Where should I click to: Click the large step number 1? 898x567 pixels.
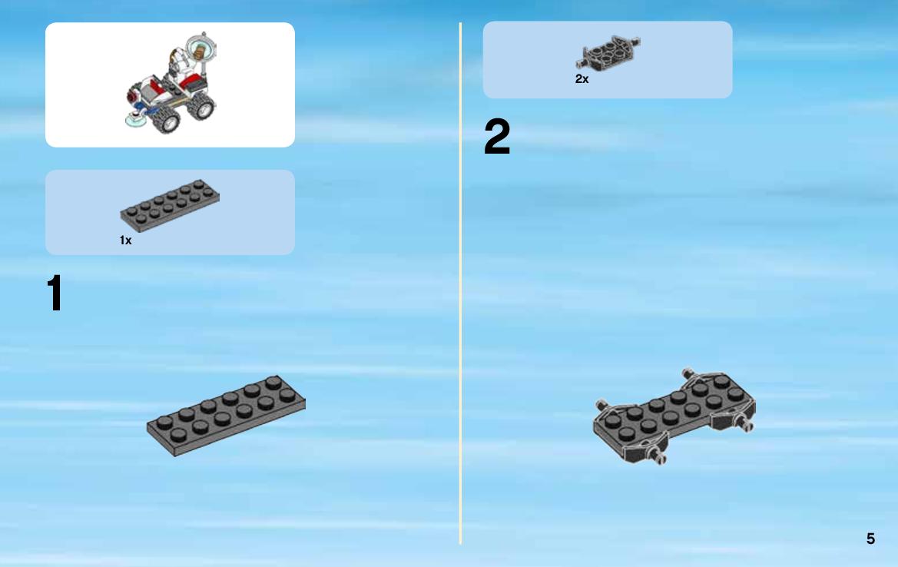(x=55, y=293)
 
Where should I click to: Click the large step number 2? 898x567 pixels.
(x=496, y=136)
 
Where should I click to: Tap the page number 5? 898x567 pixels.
(x=870, y=539)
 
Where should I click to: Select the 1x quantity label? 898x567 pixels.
(x=125, y=240)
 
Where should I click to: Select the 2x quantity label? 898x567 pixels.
(x=582, y=79)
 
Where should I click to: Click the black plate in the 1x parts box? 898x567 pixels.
(x=170, y=206)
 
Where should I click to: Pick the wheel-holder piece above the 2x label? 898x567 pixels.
(x=608, y=53)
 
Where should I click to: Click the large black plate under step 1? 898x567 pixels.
(x=226, y=415)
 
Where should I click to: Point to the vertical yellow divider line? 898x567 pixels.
(x=460, y=283)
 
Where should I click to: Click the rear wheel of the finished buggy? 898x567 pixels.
(x=201, y=107)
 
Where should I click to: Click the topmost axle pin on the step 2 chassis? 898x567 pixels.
(x=688, y=374)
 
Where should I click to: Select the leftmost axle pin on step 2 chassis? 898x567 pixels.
(x=601, y=406)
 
